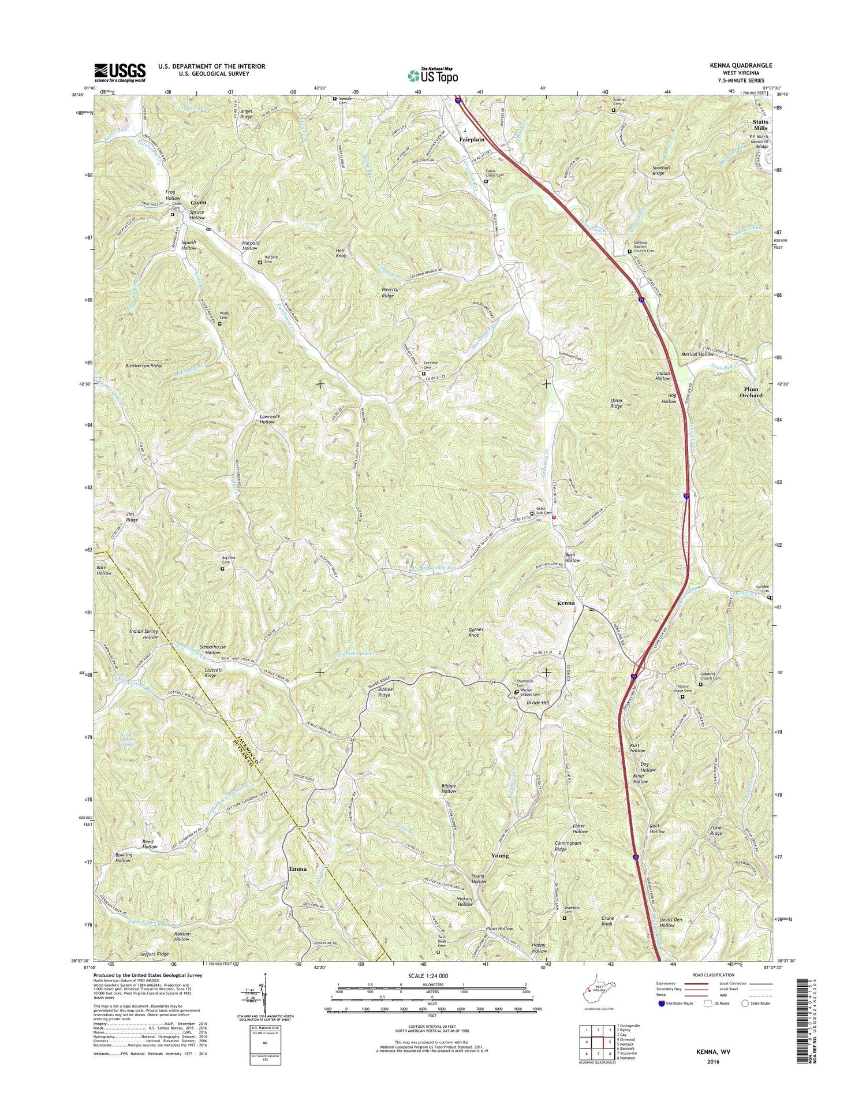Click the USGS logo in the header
point(120,73)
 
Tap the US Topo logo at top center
point(433,75)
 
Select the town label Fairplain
point(472,140)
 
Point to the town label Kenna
point(566,603)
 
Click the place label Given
point(198,203)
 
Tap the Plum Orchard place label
point(751,393)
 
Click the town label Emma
point(298,869)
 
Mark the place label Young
point(500,856)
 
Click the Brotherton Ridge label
point(144,365)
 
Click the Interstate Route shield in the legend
point(661,1003)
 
